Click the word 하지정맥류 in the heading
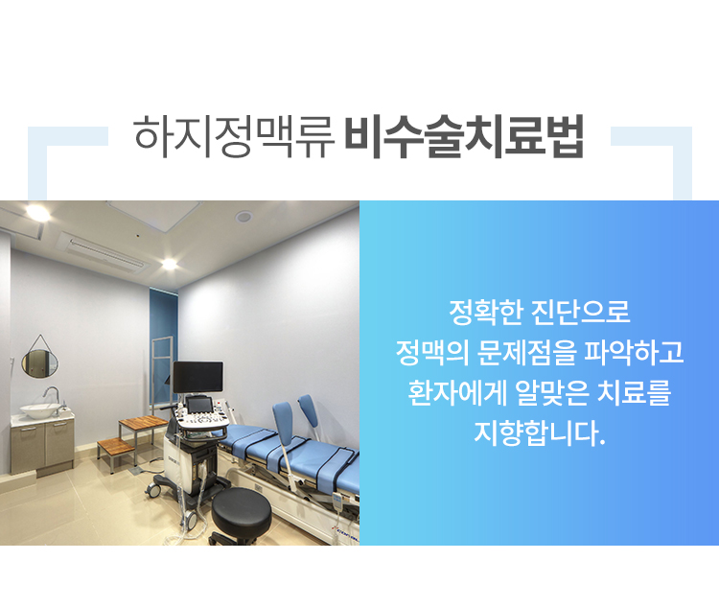pos(233,137)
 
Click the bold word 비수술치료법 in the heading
pos(464,137)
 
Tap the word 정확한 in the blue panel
pos(486,312)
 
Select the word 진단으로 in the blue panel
pos(581,312)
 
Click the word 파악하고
pos(635,352)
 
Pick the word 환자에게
pos(457,393)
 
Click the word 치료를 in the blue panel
pos(635,393)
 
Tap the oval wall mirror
pos(40,363)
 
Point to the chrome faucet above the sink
pos(52,394)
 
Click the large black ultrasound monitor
pos(198,377)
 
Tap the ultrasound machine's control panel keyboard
pos(201,420)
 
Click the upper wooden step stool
pos(144,421)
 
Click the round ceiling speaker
pos(244,217)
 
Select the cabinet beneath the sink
pos(42,445)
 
